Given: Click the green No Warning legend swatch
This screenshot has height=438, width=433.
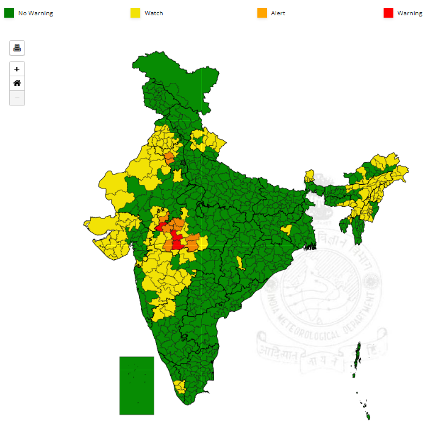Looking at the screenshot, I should point(9,13).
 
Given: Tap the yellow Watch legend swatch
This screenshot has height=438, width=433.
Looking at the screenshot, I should point(135,13).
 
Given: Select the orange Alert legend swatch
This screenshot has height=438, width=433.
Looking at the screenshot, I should point(262,13).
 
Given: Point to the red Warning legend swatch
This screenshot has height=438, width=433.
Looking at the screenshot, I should point(388,13).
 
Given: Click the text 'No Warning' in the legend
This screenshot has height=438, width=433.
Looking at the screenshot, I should point(35,13).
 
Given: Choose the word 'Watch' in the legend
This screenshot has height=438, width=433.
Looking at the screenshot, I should point(154,13).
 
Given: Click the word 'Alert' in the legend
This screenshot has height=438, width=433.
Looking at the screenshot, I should point(278,13).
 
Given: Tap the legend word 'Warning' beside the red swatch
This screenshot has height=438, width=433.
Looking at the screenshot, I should point(409,13).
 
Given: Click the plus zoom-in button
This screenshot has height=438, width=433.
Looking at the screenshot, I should point(17,69).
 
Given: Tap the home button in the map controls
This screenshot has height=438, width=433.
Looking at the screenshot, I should point(17,83).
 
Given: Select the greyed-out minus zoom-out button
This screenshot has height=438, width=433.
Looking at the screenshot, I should point(17,98).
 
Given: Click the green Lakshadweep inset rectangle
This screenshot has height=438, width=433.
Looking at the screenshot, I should point(137,386).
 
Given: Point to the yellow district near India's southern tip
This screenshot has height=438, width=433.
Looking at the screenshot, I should point(180,386).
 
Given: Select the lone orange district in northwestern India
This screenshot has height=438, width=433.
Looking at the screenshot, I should point(169,158).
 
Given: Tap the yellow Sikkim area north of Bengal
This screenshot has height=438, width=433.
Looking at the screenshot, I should point(310,178).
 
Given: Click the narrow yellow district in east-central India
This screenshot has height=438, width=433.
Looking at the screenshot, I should point(241,263).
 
